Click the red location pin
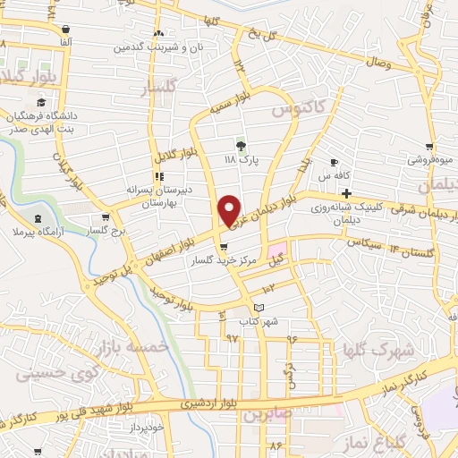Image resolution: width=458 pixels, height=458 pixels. pos(229,210)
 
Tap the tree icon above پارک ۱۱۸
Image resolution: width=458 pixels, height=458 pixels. pos(240,144)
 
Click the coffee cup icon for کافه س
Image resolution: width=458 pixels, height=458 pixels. pos(335,163)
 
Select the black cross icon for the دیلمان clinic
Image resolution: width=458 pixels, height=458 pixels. pos(345,192)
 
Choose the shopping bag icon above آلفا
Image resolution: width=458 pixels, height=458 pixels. pos(67,29)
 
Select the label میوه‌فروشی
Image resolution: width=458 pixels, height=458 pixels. pos(430,160)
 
